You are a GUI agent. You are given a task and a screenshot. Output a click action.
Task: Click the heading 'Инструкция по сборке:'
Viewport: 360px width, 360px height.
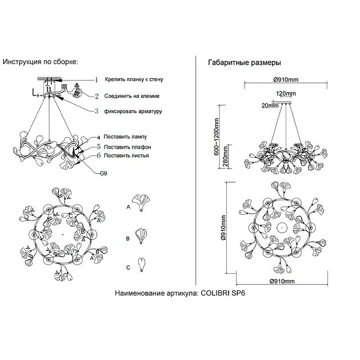tap(40, 61)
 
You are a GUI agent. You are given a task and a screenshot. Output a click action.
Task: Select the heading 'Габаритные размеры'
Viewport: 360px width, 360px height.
tap(245, 63)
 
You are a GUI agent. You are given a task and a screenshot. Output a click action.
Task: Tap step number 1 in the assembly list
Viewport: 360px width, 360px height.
tap(97, 81)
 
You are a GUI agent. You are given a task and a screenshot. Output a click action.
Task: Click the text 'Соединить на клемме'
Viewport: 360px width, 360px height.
tap(135, 96)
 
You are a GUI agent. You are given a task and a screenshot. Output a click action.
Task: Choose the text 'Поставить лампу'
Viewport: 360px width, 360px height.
tap(126, 137)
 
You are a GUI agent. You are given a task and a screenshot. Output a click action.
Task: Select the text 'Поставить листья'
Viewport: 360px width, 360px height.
tap(127, 155)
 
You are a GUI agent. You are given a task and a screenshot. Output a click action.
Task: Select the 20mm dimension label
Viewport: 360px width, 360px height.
tap(269, 105)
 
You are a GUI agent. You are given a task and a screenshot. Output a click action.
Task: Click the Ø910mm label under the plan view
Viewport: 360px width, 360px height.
tap(281, 282)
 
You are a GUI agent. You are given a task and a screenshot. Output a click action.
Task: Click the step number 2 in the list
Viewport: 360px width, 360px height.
tap(97, 96)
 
